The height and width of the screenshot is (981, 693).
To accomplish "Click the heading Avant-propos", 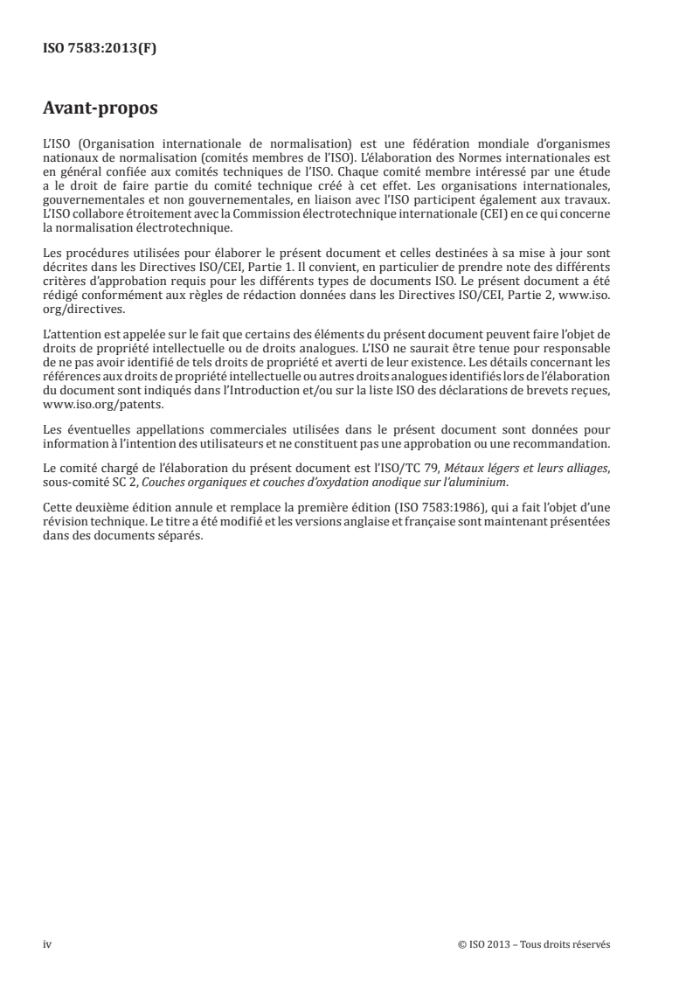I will pyautogui.click(x=100, y=109).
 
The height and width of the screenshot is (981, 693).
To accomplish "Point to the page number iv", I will pyautogui.click(x=47, y=944).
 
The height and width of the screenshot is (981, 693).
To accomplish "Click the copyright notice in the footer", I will pyautogui.click(x=534, y=944).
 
